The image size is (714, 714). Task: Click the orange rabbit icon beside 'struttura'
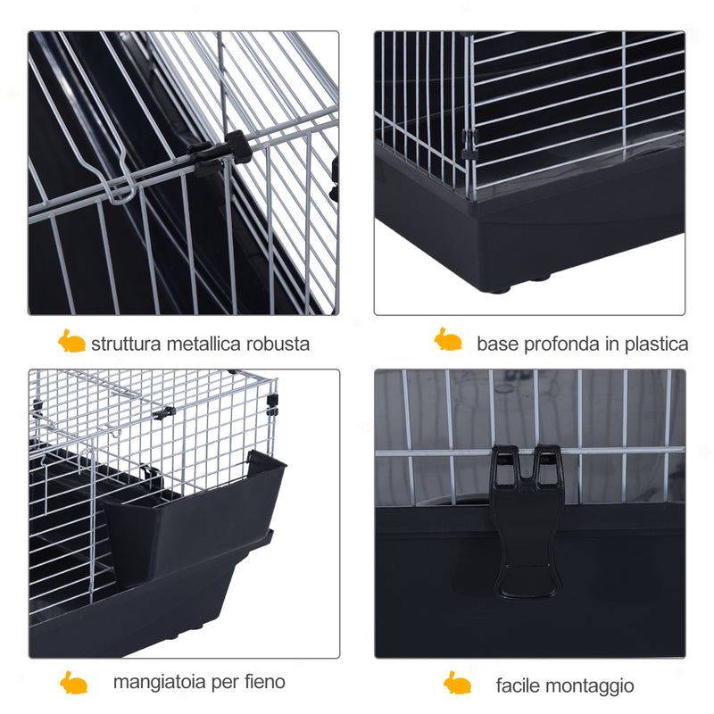coord(71,341)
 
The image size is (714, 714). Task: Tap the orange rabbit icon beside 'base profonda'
coord(448,339)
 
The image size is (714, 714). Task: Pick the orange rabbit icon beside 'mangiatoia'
coord(73,682)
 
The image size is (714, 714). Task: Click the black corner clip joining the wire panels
coord(470,144)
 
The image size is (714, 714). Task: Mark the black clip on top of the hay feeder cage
coord(164,413)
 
